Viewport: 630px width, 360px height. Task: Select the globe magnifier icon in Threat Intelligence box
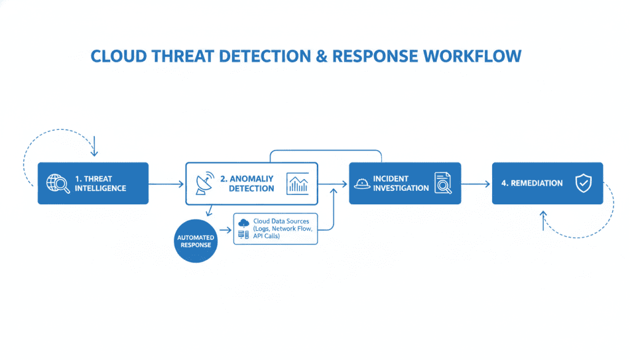click(58, 183)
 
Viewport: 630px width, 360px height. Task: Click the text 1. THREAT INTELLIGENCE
click(100, 183)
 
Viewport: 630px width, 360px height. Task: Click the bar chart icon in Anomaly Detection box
click(298, 183)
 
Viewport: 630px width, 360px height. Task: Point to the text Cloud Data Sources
click(281, 221)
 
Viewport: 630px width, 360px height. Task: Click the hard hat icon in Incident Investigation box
click(362, 183)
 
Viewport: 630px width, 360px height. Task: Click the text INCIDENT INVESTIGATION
click(401, 183)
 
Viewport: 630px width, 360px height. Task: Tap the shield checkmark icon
click(583, 183)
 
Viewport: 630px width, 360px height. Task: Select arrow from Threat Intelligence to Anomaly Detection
click(167, 183)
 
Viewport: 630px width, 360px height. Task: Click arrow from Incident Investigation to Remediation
click(476, 183)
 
